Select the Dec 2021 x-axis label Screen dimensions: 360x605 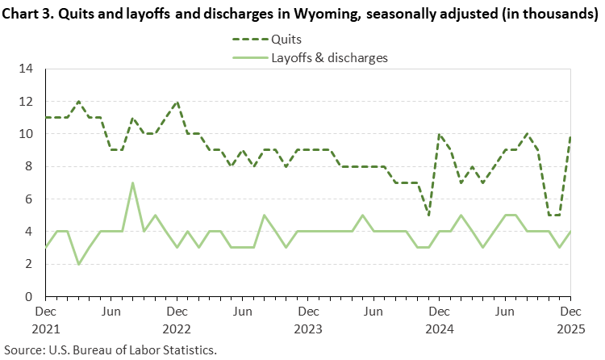(46, 319)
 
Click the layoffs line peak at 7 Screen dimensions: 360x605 (132, 182)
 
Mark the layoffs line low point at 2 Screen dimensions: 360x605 (78, 264)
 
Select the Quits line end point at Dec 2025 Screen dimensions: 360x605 (570, 135)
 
